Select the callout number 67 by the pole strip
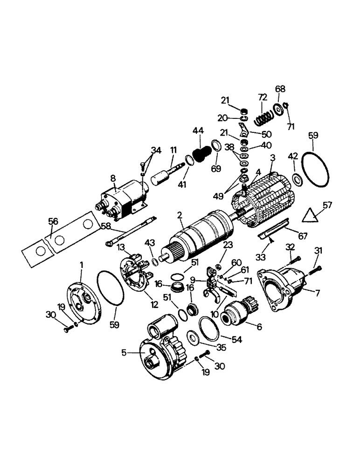click(302, 237)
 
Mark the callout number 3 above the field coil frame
click(273, 158)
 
